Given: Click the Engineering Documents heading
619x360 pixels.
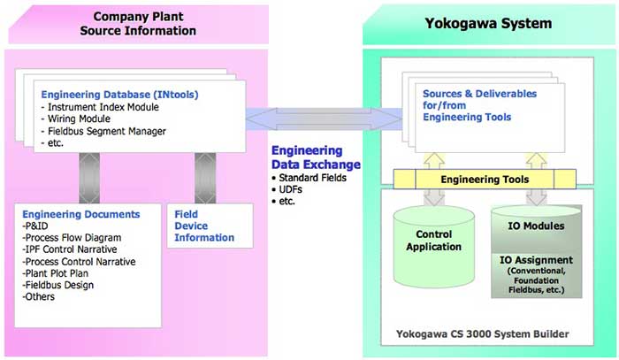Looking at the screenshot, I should tap(80, 214).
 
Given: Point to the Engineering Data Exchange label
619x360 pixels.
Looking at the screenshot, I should tap(316, 157).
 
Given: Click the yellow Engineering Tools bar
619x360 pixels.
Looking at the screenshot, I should tap(485, 180).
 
